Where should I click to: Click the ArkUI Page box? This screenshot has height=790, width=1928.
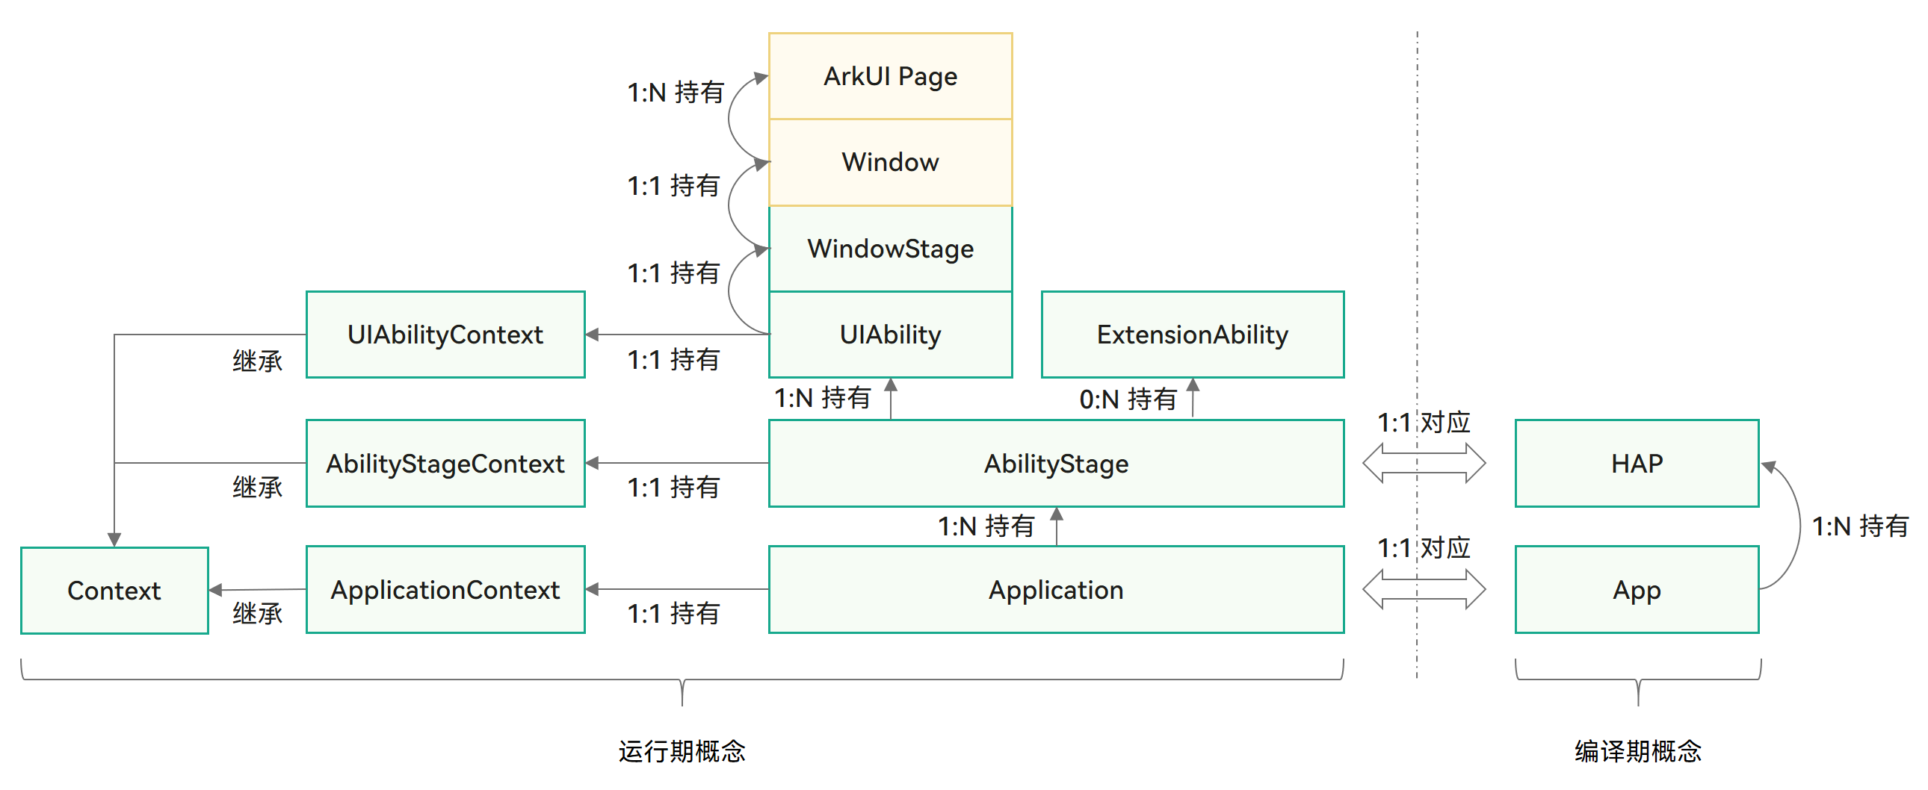(890, 76)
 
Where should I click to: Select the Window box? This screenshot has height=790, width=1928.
(890, 162)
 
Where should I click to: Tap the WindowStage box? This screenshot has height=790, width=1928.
(890, 249)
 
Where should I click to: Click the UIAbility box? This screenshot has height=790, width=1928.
(890, 335)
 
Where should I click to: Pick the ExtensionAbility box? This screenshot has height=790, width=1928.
(1192, 335)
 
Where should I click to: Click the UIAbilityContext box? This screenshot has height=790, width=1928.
(445, 335)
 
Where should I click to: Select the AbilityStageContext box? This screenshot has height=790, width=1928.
(445, 464)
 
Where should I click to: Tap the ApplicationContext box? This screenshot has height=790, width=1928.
(445, 590)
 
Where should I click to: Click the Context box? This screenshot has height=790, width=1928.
(114, 591)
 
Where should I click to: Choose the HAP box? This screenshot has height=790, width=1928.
(1637, 464)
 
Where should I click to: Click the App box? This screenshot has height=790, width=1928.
(1637, 590)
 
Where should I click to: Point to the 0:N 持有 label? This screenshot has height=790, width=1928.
(1128, 399)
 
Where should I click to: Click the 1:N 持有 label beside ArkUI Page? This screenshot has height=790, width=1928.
(675, 93)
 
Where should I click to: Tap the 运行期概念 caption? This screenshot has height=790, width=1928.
(682, 751)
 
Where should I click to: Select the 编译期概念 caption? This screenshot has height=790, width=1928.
(1637, 751)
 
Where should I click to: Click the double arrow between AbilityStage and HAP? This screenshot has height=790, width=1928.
(1424, 463)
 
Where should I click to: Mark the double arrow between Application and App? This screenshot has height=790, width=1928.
(1424, 589)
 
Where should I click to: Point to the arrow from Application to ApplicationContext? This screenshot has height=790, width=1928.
(676, 589)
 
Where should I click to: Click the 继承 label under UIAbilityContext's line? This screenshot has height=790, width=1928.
(257, 361)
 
